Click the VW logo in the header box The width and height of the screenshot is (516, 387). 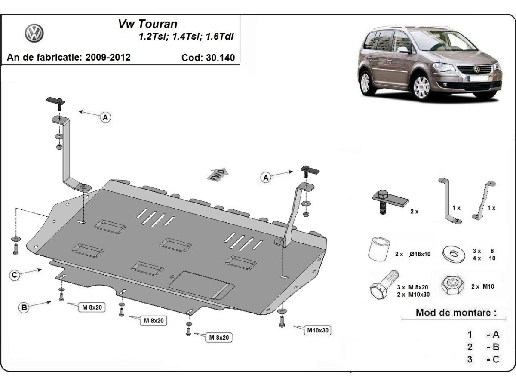34,33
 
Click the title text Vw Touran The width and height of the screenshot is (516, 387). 147,24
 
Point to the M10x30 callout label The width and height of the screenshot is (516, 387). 318,330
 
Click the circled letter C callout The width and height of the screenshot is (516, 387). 15,275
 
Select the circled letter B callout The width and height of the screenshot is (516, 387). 25,307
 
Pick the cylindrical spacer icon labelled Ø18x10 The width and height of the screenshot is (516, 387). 379,249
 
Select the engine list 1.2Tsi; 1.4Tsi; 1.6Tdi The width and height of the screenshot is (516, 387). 186,37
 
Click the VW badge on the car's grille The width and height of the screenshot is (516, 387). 477,69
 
